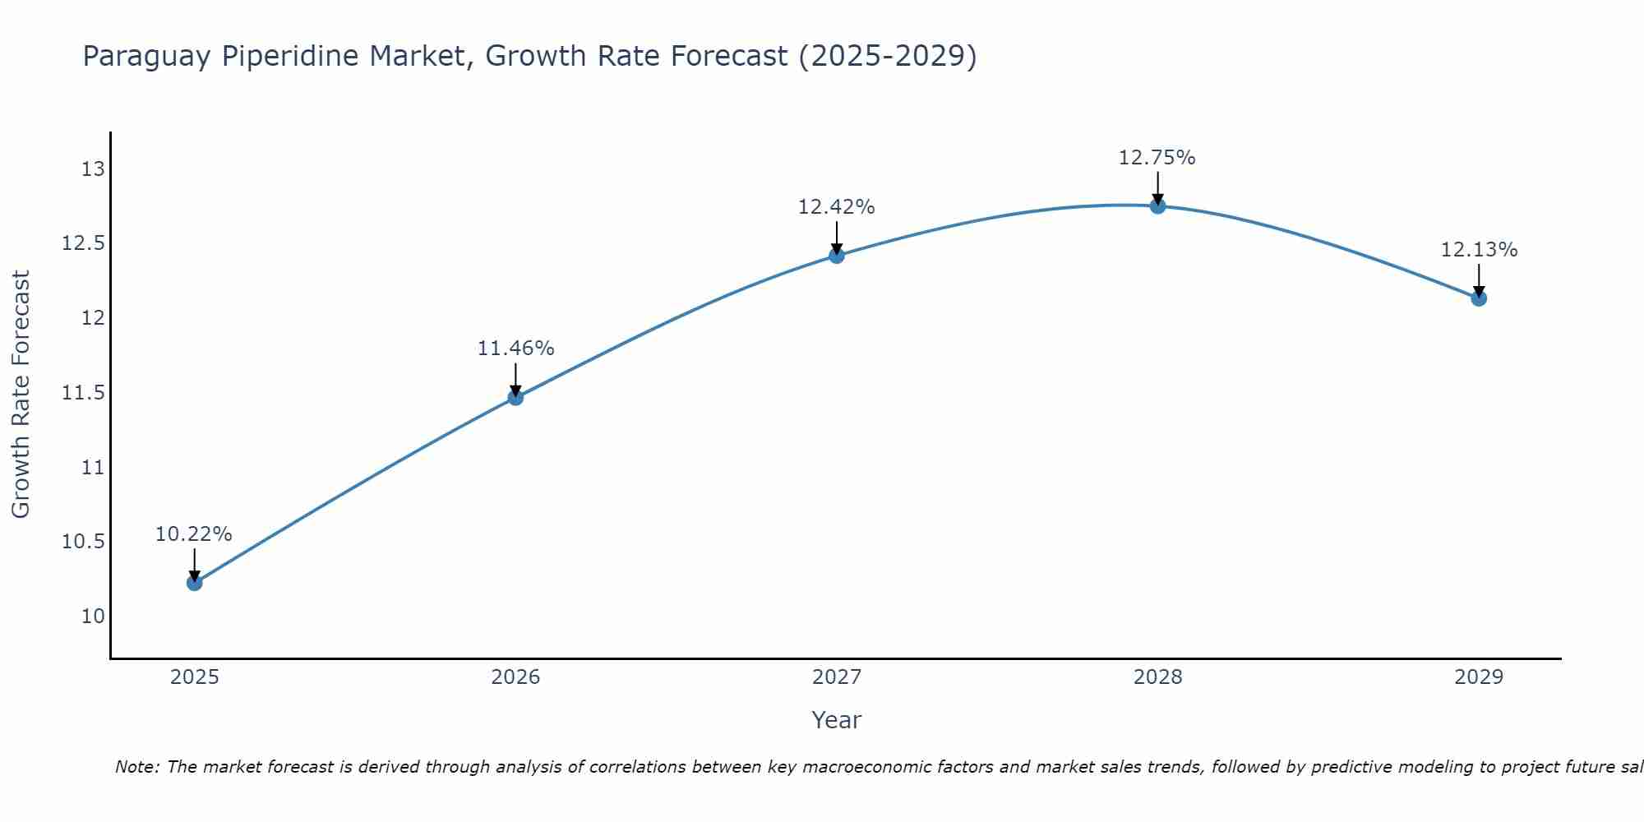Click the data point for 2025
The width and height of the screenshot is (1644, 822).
pos(195,583)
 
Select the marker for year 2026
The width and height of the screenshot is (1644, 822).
pos(515,398)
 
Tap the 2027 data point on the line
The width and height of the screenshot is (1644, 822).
pos(837,256)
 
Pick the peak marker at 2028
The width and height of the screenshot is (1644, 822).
pos(1157,205)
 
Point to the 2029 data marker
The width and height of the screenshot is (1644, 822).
pos(1479,298)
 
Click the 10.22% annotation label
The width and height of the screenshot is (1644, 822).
pos(194,534)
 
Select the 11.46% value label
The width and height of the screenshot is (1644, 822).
pos(515,349)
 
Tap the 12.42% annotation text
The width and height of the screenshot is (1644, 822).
pos(836,207)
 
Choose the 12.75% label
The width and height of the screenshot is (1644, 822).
pos(1157,157)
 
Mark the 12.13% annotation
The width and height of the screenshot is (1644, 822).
pos(1479,250)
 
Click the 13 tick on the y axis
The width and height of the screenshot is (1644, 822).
pos(93,169)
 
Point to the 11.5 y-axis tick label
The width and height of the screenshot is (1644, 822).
pos(84,393)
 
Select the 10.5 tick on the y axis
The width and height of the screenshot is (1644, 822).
pos(84,542)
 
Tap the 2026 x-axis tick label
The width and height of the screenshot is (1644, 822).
pos(515,677)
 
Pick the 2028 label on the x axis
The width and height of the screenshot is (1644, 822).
pos(1157,677)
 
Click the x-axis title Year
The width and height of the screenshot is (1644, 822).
pos(836,720)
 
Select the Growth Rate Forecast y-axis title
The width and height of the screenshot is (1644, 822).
pos(21,394)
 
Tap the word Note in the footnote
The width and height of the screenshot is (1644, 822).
pos(136,767)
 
